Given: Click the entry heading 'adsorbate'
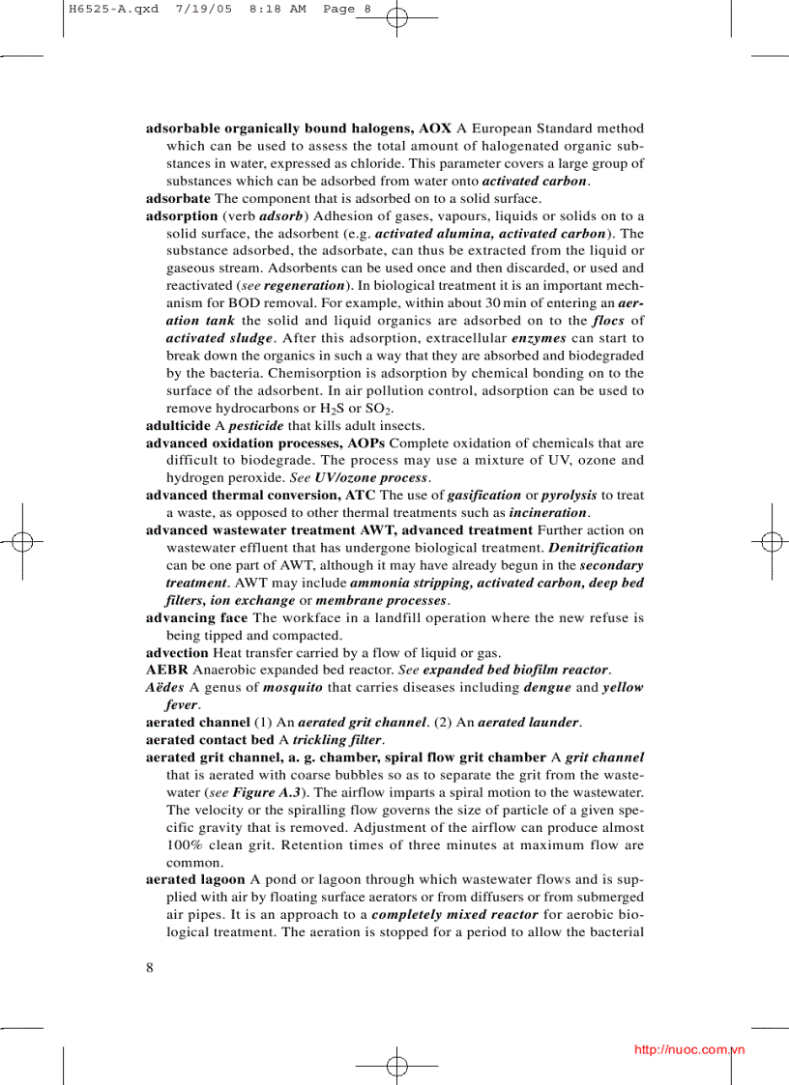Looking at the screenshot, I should pos(178,198).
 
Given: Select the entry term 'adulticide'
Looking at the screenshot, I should pos(178,426).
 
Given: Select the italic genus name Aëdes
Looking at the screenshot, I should pos(163,688).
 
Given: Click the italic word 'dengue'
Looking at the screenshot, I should pos(547,688).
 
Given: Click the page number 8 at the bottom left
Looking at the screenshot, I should pos(150,968).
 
